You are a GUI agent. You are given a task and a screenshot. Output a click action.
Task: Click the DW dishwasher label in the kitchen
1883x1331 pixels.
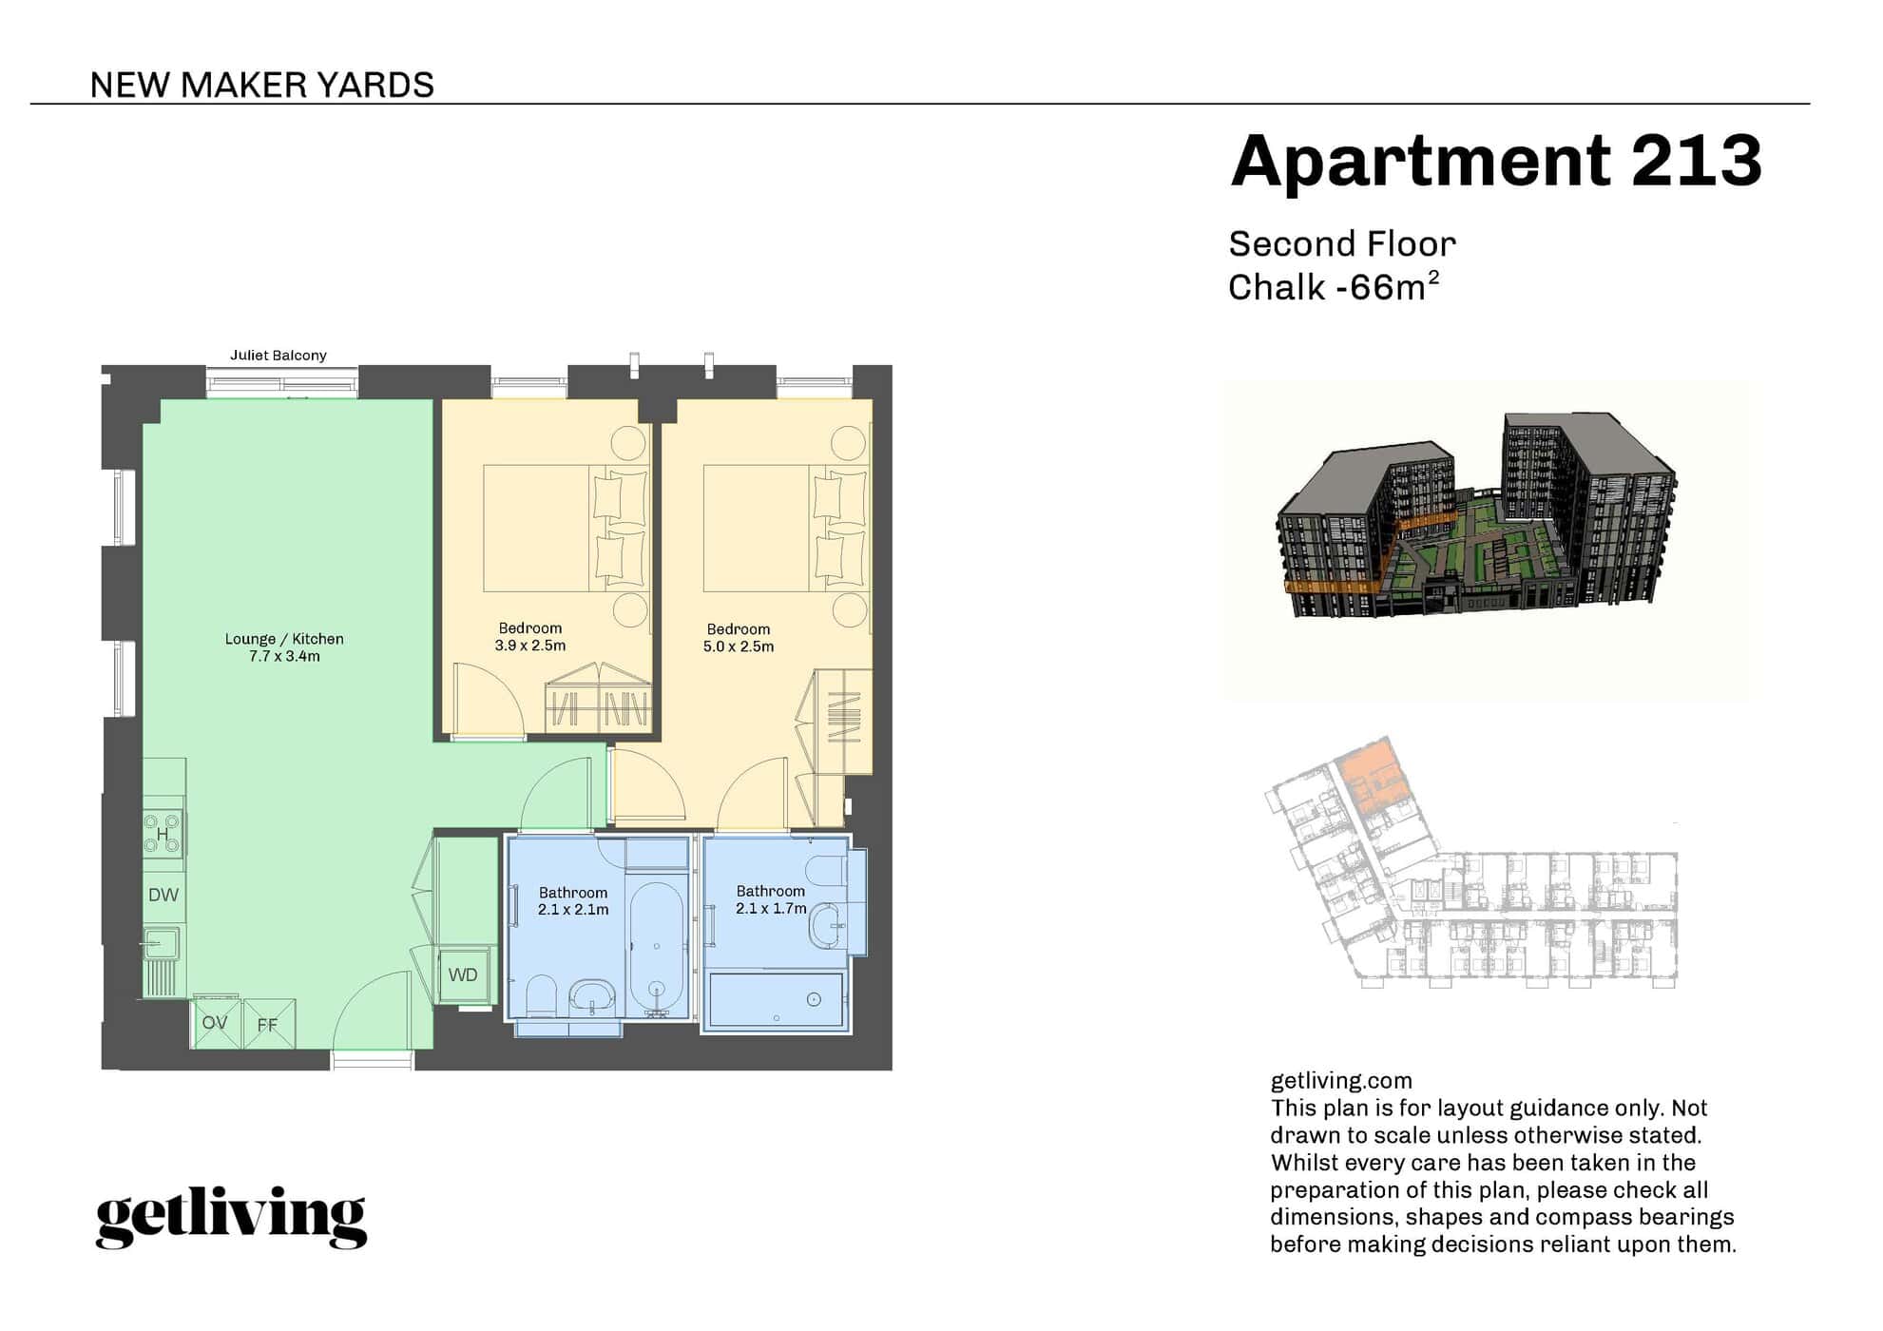coord(163,896)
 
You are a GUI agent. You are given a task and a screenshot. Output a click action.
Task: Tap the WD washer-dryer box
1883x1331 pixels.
coord(463,975)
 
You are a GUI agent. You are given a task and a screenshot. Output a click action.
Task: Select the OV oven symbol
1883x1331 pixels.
coord(215,1023)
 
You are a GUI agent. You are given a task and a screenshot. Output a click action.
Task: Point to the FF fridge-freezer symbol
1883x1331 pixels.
coord(268,1025)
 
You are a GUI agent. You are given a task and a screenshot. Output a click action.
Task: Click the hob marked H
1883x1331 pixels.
coord(163,835)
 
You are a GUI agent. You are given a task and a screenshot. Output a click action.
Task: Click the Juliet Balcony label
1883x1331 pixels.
coord(279,356)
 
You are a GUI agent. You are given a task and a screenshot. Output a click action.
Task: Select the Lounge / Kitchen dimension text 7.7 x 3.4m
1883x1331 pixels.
coord(284,657)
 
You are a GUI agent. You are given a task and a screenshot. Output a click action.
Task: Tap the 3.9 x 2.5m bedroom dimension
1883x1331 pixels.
coord(529,646)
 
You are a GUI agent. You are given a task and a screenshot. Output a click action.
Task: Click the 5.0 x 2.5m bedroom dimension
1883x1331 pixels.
coord(739,646)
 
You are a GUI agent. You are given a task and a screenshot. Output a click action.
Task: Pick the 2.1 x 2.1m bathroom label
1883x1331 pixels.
coord(572,910)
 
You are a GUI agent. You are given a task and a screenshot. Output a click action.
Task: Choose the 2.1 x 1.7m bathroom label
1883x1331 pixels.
coord(770,909)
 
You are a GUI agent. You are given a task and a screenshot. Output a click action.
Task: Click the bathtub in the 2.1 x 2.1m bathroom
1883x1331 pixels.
coord(656,946)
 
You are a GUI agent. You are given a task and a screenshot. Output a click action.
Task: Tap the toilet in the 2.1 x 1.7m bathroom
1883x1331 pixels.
coord(825,870)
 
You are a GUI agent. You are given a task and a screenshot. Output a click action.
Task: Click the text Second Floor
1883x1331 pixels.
coord(1341,244)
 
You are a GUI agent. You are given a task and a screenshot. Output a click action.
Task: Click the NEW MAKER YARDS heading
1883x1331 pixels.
coord(261,86)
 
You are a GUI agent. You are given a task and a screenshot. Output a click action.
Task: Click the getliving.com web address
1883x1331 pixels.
coord(1340,1081)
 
